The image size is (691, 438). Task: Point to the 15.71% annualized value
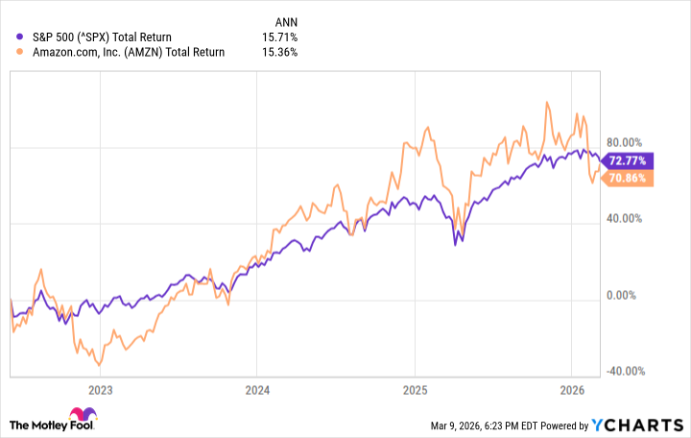click(279, 36)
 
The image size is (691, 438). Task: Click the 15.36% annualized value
click(279, 52)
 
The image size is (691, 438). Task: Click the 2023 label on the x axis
click(100, 391)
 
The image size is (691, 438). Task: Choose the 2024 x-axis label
click(256, 391)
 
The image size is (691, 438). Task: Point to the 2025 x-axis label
click(414, 391)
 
